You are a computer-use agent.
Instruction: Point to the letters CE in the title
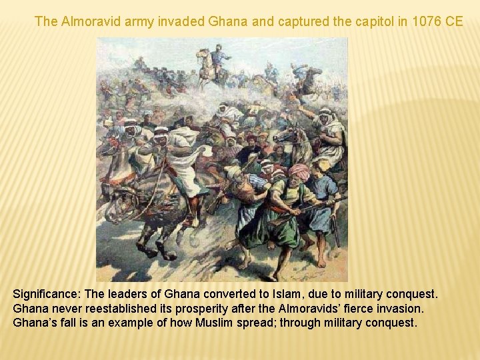click(455, 21)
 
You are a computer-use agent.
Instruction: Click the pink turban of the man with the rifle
click(299, 171)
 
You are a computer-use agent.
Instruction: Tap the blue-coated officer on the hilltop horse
click(218, 56)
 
